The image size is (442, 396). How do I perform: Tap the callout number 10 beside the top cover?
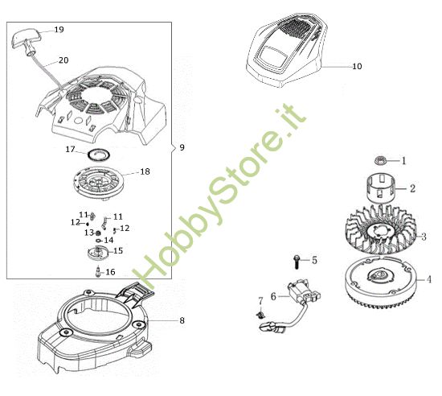(x=357, y=66)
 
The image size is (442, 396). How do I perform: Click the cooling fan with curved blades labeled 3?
(x=380, y=234)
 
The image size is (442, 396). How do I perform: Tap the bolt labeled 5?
(x=296, y=261)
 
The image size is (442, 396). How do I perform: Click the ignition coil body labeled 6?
(x=304, y=292)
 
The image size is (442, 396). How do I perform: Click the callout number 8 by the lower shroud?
(x=182, y=320)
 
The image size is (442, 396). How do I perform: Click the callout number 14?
(x=108, y=240)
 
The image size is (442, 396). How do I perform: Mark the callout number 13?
(x=88, y=232)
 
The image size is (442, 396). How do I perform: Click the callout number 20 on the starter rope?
(x=63, y=60)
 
